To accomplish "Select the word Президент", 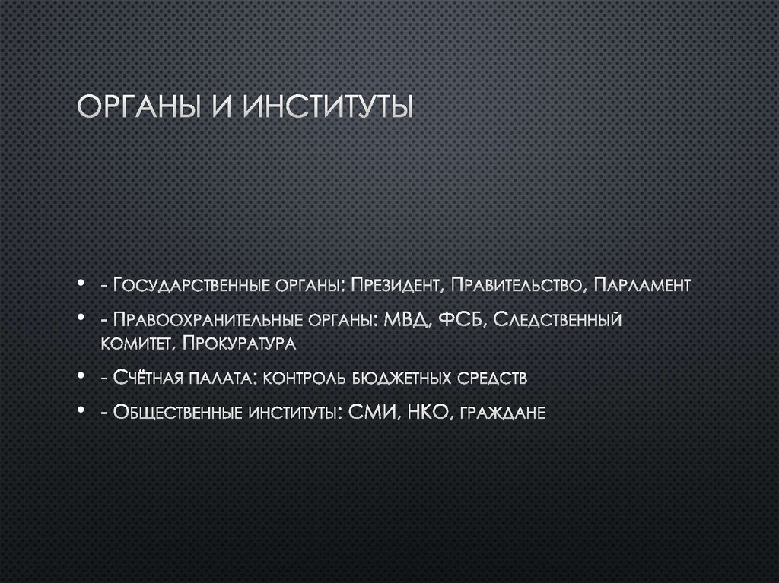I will (394, 286).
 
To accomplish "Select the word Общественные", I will (174, 412).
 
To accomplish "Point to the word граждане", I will (507, 413).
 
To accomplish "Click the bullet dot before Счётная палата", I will (81, 378).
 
